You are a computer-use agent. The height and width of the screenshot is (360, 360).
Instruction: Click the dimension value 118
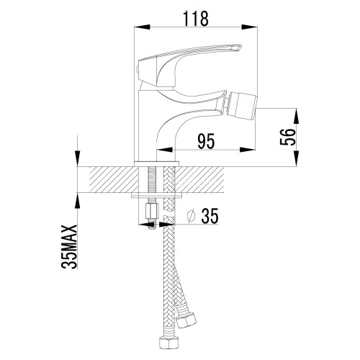(196, 19)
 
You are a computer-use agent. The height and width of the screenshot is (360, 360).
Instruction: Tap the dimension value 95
(206, 141)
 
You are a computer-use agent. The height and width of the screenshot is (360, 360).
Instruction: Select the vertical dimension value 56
(287, 137)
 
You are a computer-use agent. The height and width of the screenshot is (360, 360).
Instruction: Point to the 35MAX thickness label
(69, 246)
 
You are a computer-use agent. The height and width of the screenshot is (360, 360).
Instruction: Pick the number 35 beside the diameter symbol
(210, 216)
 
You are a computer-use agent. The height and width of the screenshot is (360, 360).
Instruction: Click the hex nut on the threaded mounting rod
(152, 211)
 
